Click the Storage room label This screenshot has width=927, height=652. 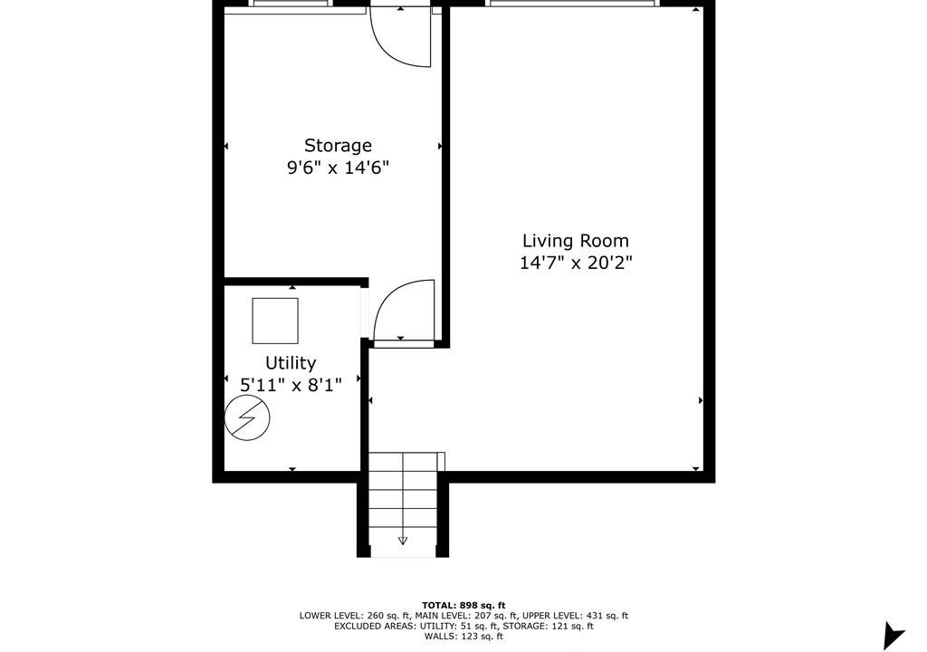pos(339,146)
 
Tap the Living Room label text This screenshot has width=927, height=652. pos(576,242)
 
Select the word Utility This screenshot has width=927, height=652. pos(291,363)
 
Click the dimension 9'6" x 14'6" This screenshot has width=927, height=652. pos(339,168)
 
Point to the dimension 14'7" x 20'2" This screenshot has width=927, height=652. pos(576,263)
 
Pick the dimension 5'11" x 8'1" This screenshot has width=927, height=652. pos(291,386)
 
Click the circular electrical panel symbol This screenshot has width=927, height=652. pos(247,417)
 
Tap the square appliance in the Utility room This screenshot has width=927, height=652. pos(275,321)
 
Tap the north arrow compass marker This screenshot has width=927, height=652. pos(893,636)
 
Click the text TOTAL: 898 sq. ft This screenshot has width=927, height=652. pos(463,605)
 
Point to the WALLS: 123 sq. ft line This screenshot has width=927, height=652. pos(463,637)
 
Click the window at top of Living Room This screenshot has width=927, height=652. pos(572,3)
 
